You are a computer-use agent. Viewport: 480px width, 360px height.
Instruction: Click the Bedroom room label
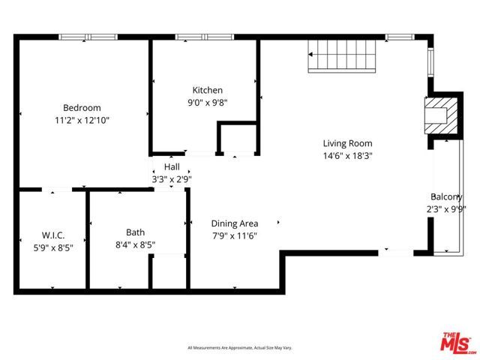82,107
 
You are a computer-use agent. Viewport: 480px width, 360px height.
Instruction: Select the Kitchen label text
207,89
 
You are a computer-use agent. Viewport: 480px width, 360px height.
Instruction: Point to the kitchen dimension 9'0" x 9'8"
207,102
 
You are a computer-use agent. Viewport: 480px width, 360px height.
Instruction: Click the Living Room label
347,143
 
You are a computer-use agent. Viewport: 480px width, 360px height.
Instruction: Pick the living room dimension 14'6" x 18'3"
347,156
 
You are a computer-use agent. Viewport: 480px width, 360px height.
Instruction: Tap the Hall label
172,167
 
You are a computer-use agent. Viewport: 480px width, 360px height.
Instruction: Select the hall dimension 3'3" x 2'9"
172,179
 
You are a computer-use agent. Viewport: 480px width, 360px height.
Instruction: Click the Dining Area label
234,223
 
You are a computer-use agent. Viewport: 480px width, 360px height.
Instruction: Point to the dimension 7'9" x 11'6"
234,236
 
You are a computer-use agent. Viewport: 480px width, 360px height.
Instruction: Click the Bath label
136,232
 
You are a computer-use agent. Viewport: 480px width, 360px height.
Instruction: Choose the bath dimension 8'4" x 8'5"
136,244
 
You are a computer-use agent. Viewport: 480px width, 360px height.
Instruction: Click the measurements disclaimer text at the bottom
239,348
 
